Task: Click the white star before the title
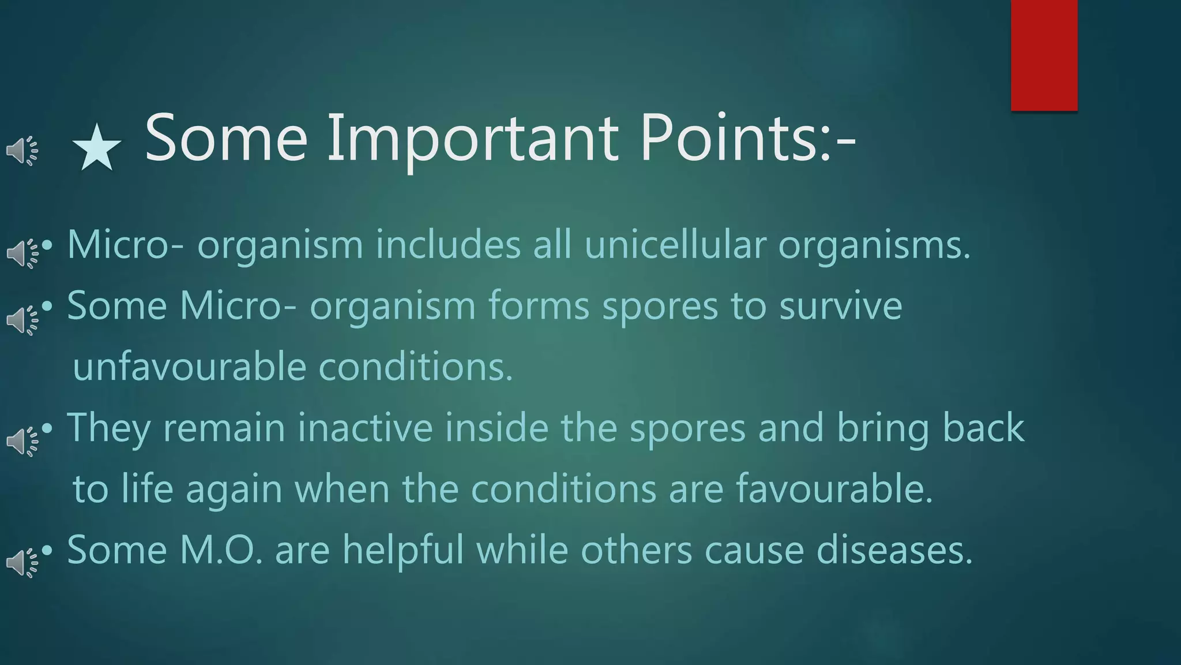click(96, 148)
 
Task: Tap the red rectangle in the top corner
click(1044, 55)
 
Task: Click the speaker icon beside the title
click(22, 151)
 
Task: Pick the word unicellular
click(675, 245)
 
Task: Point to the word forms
click(539, 305)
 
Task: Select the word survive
click(840, 305)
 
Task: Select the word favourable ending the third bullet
click(828, 489)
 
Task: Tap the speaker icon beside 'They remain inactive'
click(22, 442)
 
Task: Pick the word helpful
click(403, 550)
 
